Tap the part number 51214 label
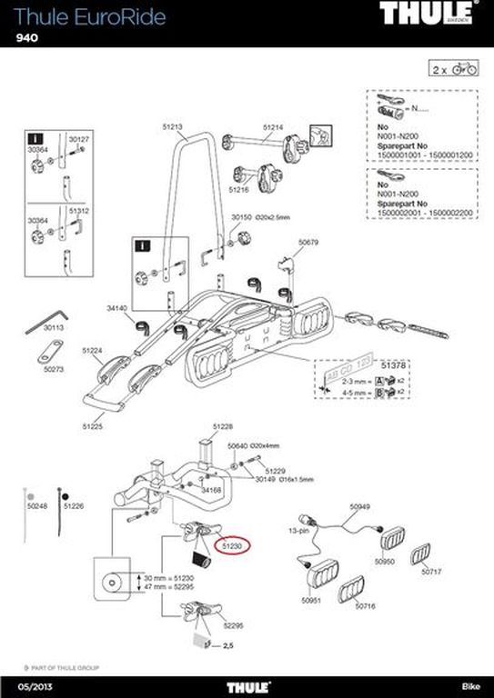coord(274,127)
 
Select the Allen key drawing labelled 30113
coord(42,323)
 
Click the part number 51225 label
coord(92,425)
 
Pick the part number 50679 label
coord(309,242)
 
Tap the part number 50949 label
coord(361,506)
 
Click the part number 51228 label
coord(223,426)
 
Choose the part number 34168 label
coord(211,491)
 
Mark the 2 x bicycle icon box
coord(452,68)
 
